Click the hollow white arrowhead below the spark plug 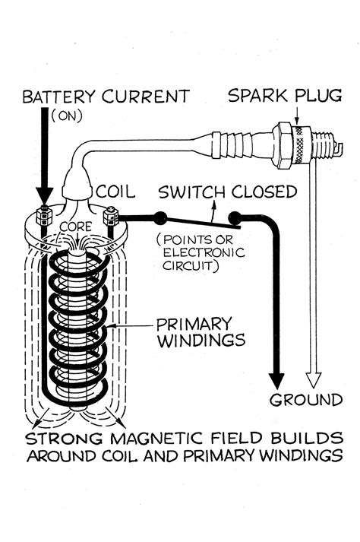click(316, 379)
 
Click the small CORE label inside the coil click(75, 227)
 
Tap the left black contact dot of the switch click(160, 219)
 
